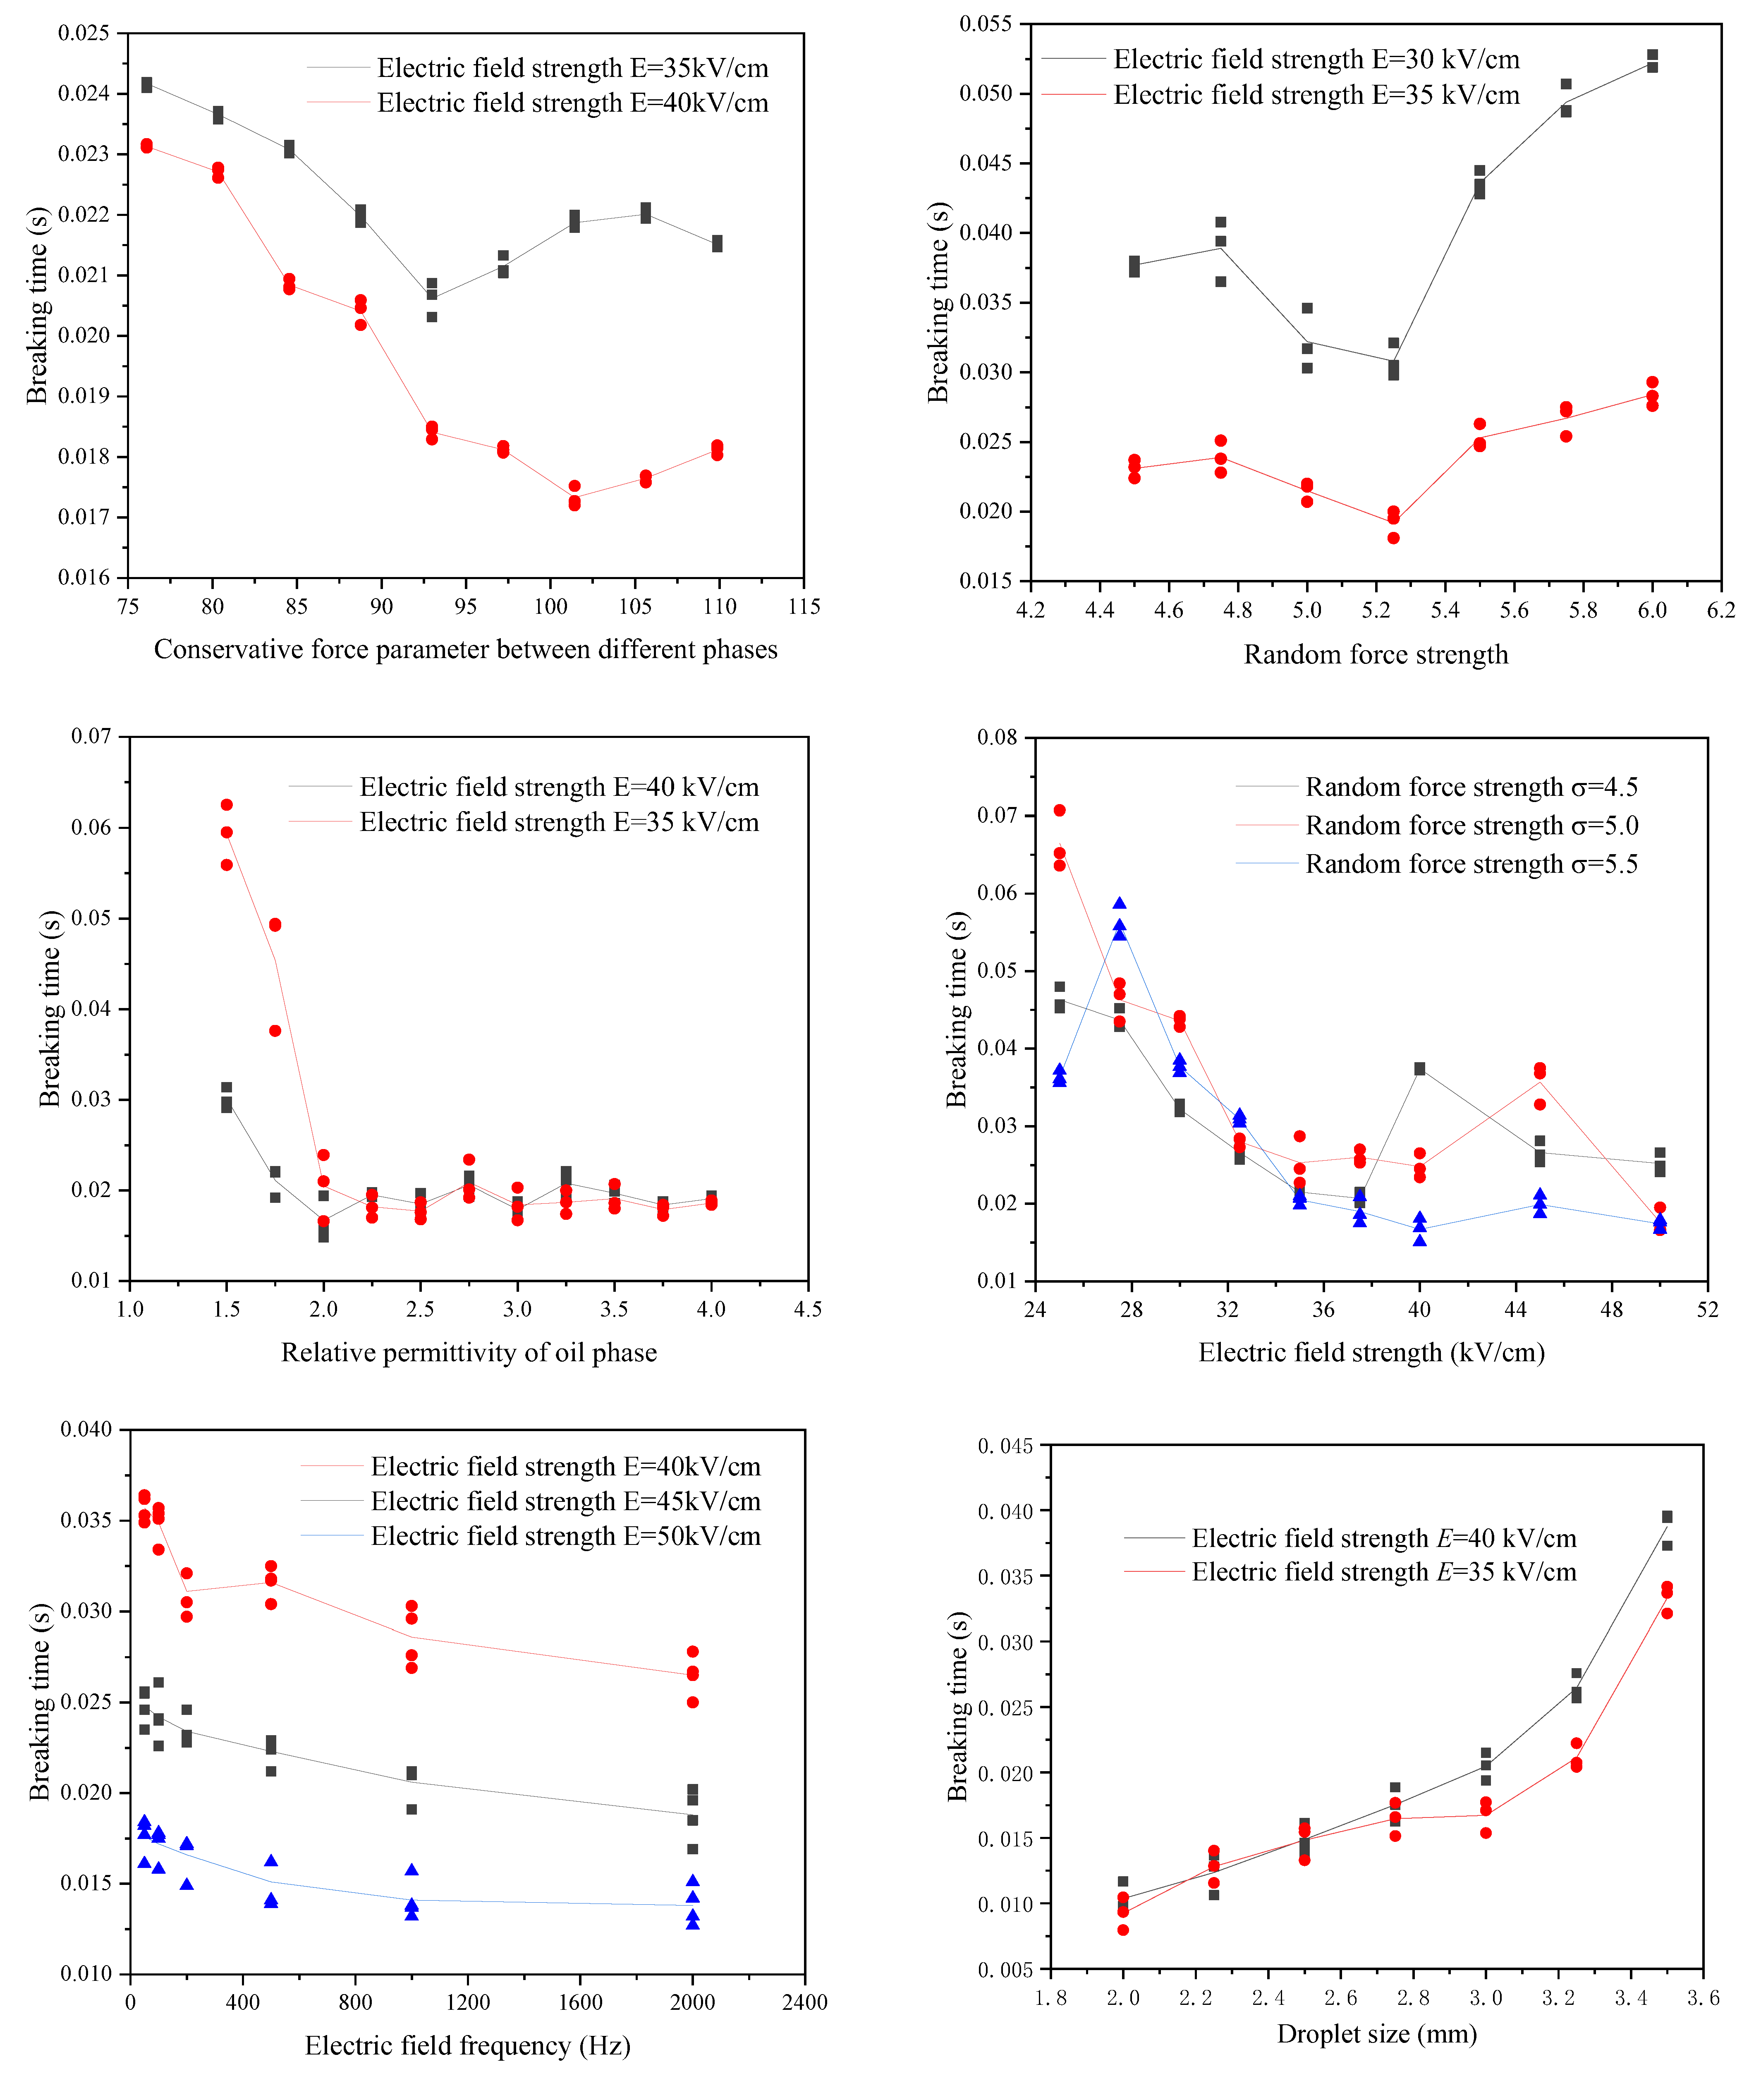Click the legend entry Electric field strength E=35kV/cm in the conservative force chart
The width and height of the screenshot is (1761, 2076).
click(572, 68)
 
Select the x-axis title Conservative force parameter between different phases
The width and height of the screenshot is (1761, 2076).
click(465, 650)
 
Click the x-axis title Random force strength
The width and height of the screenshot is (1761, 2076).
click(1376, 655)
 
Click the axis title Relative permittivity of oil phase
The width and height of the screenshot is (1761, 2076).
click(469, 1353)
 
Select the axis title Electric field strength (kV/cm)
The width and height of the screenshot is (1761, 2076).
click(1372, 1353)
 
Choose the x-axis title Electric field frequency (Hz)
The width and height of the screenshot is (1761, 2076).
click(467, 2046)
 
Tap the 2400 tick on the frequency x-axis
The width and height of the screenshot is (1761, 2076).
click(805, 2002)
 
